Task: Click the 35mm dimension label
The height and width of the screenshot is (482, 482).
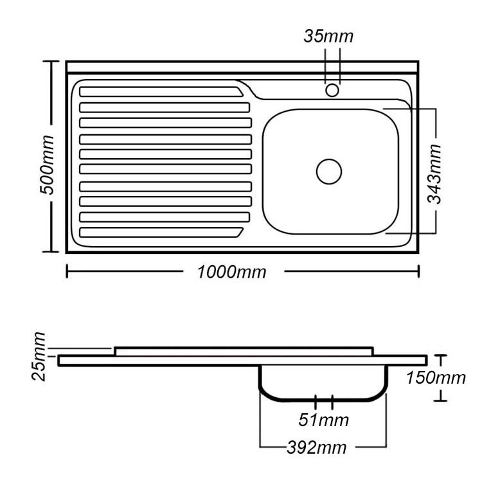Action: click(x=328, y=36)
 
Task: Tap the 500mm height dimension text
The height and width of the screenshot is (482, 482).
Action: click(x=48, y=165)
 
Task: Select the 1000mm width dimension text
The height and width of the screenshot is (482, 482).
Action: click(x=231, y=272)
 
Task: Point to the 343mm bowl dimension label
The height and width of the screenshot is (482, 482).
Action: click(x=434, y=174)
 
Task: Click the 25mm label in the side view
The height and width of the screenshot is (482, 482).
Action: click(x=39, y=357)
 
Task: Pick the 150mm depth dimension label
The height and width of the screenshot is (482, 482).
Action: click(x=436, y=378)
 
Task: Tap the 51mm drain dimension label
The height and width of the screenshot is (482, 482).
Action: click(x=323, y=420)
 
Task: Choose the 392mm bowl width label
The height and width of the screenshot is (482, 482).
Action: click(x=317, y=447)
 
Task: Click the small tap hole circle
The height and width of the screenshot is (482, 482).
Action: click(x=332, y=91)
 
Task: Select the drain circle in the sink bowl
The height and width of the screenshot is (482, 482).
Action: click(x=329, y=172)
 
